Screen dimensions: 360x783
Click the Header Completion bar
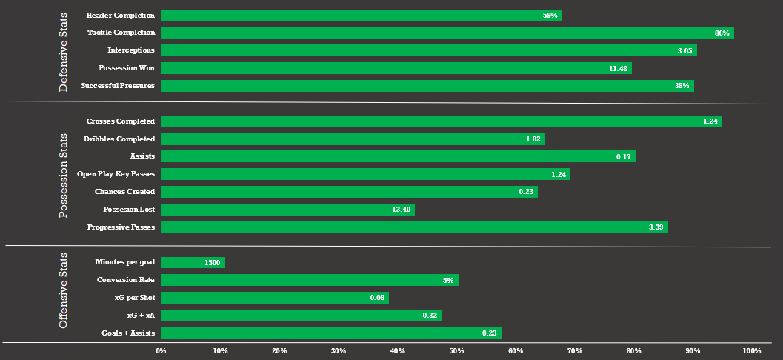[361, 16]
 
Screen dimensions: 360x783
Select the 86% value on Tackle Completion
[722, 33]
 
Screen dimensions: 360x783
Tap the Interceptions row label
[130, 50]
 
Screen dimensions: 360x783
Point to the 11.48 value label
[618, 68]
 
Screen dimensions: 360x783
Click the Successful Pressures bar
[427, 86]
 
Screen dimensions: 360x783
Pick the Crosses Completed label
[120, 121]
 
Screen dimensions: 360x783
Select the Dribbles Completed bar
[353, 139]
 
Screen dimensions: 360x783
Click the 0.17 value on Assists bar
[623, 157]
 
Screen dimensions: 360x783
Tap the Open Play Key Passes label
[116, 174]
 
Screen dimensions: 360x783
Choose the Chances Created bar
[349, 192]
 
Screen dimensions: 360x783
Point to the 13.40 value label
[401, 210]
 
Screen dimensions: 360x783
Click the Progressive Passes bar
[414, 227]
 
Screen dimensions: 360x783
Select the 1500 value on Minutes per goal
[213, 263]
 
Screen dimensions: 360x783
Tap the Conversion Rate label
[125, 280]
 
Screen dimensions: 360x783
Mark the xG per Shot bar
[274, 298]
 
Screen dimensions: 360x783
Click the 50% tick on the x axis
[456, 350]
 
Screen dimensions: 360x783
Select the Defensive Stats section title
[64, 51]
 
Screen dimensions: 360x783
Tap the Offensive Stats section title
[64, 290]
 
